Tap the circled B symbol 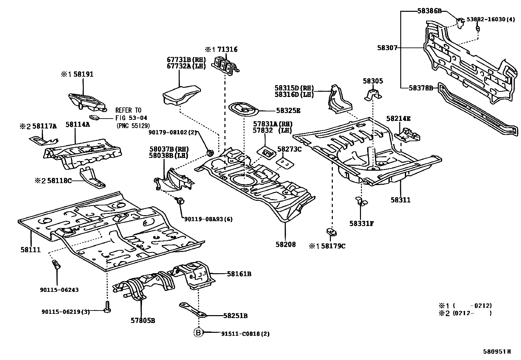tap(198, 333)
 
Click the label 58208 tap(285, 244)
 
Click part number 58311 tap(400, 200)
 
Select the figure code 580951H tap(497, 351)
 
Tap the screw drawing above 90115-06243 tap(57, 265)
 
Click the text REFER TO tap(128, 110)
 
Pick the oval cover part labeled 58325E tap(244, 109)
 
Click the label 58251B tap(235, 316)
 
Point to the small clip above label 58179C tap(332, 232)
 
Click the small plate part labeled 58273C tap(284, 163)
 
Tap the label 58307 tap(387, 48)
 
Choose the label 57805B tap(143, 320)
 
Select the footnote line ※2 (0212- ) tap(465, 313)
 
